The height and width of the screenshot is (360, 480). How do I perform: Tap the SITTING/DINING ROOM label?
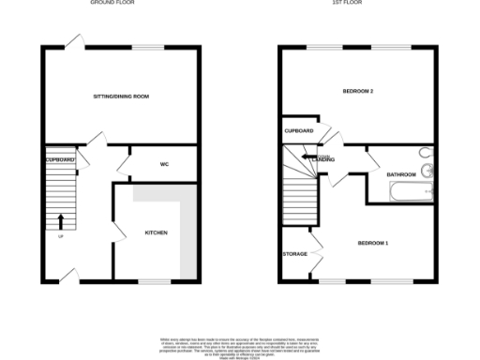coord(121,97)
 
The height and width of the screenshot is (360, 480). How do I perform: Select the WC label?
coord(163,164)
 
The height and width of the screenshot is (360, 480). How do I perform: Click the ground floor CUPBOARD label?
coord(60,160)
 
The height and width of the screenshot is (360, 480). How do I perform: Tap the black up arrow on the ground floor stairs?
coord(62,221)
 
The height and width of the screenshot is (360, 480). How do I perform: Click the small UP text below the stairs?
coord(62,235)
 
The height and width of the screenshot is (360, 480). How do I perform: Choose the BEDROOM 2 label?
coord(358,91)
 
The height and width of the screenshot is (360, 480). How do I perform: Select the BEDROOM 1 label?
coord(373,244)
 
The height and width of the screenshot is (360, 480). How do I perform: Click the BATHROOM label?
coord(401,175)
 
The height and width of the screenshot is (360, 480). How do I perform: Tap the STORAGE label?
coord(294,254)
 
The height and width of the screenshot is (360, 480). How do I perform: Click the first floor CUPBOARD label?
coord(300,130)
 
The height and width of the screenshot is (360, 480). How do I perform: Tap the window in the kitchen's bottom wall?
coord(153,280)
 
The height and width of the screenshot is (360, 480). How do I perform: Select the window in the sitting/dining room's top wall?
coord(145,47)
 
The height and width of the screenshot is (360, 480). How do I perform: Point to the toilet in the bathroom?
coord(427,154)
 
